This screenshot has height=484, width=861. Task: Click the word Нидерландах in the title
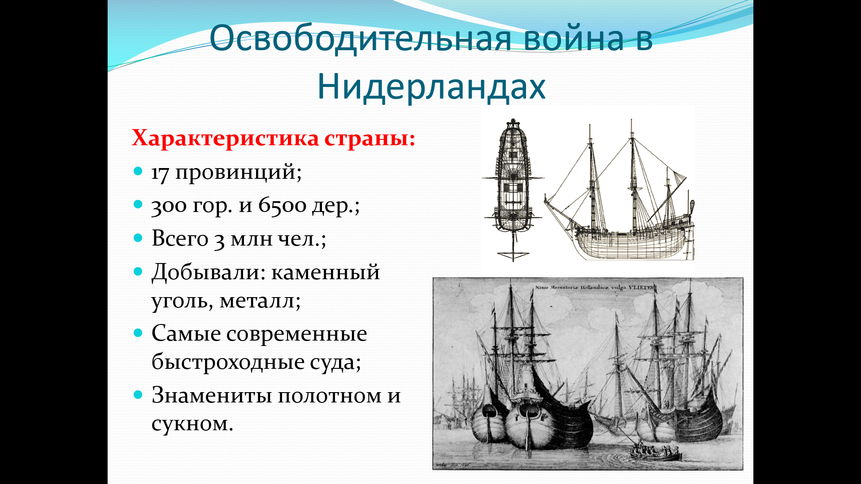click(431, 86)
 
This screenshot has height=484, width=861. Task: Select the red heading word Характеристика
click(225, 138)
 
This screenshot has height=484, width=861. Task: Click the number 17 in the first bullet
click(160, 173)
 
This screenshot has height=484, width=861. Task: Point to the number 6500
click(283, 206)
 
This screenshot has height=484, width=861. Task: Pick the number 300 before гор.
click(169, 206)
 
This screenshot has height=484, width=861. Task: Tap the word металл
click(260, 301)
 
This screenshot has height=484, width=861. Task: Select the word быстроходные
click(228, 362)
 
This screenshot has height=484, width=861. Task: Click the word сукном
click(192, 423)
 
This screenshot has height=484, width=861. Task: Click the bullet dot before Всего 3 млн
click(138, 238)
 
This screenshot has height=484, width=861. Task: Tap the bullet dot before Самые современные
click(138, 333)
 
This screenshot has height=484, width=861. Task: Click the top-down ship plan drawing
click(513, 190)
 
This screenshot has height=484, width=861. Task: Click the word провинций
click(238, 173)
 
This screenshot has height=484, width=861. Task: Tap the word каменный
click(326, 272)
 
